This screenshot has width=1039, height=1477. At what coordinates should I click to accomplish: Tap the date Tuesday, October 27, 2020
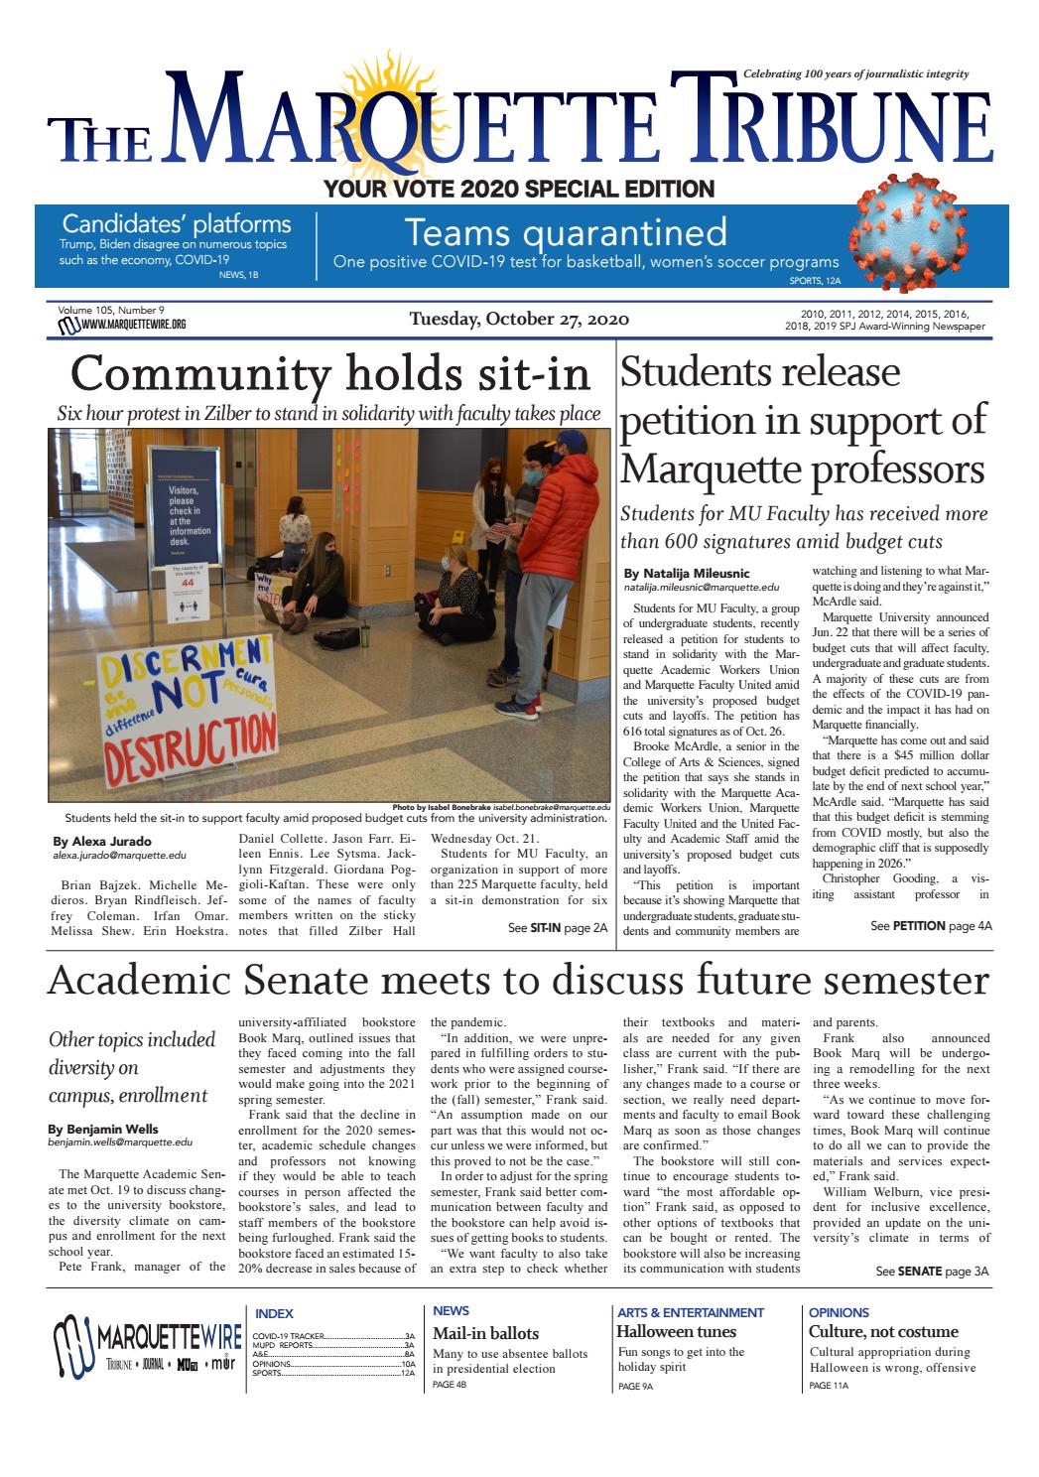click(x=519, y=319)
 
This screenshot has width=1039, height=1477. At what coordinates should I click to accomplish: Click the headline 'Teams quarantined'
click(x=566, y=232)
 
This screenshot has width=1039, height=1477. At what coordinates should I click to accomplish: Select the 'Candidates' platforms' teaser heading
click(x=177, y=223)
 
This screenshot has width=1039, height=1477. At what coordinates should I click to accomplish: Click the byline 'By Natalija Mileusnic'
click(x=687, y=573)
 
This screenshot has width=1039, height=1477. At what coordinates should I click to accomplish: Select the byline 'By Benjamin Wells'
click(x=103, y=1129)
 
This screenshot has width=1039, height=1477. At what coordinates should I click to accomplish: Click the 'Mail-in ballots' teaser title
click(x=485, y=1332)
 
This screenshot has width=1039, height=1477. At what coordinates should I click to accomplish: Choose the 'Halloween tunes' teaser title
click(x=676, y=1331)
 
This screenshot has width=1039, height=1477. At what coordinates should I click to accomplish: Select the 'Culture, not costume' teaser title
click(x=883, y=1331)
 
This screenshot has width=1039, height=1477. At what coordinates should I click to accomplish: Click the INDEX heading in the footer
click(x=274, y=1313)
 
